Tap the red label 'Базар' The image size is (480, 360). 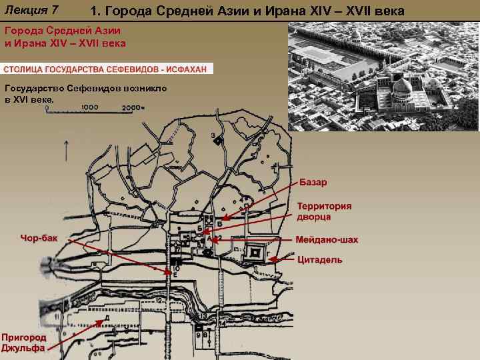pos(313,183)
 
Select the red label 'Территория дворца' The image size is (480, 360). pos(324,211)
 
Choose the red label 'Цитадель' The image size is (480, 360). pos(320,259)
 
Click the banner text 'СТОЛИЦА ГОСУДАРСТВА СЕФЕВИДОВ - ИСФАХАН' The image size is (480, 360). pos(107,69)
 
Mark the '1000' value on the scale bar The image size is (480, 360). pos(90,107)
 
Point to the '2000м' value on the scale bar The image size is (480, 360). pos(133,107)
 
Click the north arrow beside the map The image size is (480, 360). pos(66,150)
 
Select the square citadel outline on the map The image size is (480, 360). pos(254,253)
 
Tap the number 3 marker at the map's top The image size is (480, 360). pos(213,136)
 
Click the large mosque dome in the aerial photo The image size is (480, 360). pos(401,87)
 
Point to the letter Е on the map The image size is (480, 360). pos(175,274)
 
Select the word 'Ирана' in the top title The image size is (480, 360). pos(290,11)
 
